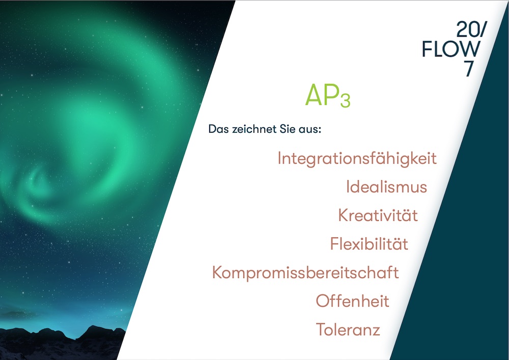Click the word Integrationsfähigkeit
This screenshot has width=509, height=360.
(x=357, y=159)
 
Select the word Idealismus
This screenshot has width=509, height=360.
(x=386, y=187)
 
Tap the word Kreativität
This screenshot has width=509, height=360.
(x=378, y=215)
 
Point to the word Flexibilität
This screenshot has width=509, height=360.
(x=369, y=244)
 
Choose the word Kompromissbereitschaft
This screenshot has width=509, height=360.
(x=305, y=273)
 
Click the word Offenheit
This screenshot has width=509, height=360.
(x=353, y=301)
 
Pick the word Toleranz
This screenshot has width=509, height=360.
(x=348, y=329)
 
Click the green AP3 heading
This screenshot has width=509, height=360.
(x=328, y=95)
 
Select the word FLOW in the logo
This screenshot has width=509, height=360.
(x=451, y=49)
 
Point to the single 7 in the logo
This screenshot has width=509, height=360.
(x=469, y=69)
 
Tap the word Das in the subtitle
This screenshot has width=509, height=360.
(x=218, y=129)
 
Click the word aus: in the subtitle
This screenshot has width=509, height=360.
(x=310, y=129)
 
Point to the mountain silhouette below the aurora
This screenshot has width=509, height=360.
(x=62, y=343)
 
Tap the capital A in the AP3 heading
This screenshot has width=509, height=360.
(x=313, y=95)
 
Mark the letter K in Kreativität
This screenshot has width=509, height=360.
(x=344, y=215)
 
